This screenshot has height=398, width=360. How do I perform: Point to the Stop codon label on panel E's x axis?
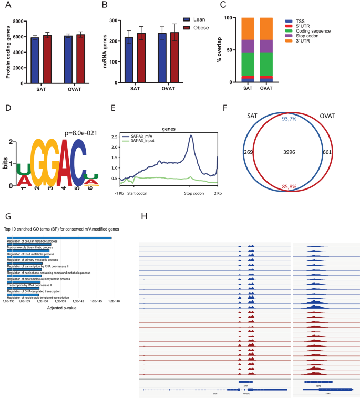pos(191,193)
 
